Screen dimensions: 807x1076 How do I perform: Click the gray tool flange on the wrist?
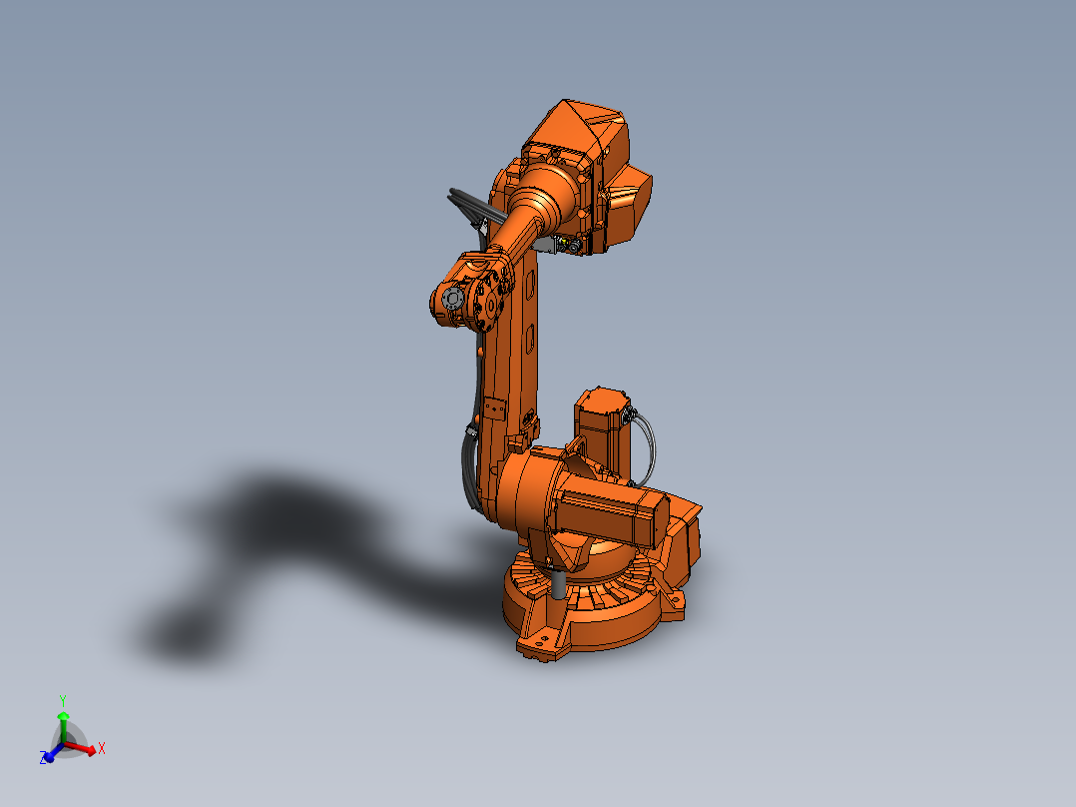450,299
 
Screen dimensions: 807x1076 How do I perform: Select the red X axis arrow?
84,748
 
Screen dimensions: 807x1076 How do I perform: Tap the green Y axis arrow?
62,724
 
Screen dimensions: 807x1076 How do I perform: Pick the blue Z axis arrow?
50,753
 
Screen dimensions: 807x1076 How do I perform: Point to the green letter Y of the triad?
62,700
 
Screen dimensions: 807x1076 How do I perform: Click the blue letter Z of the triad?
44,759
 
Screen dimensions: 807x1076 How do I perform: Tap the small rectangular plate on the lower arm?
493,408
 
